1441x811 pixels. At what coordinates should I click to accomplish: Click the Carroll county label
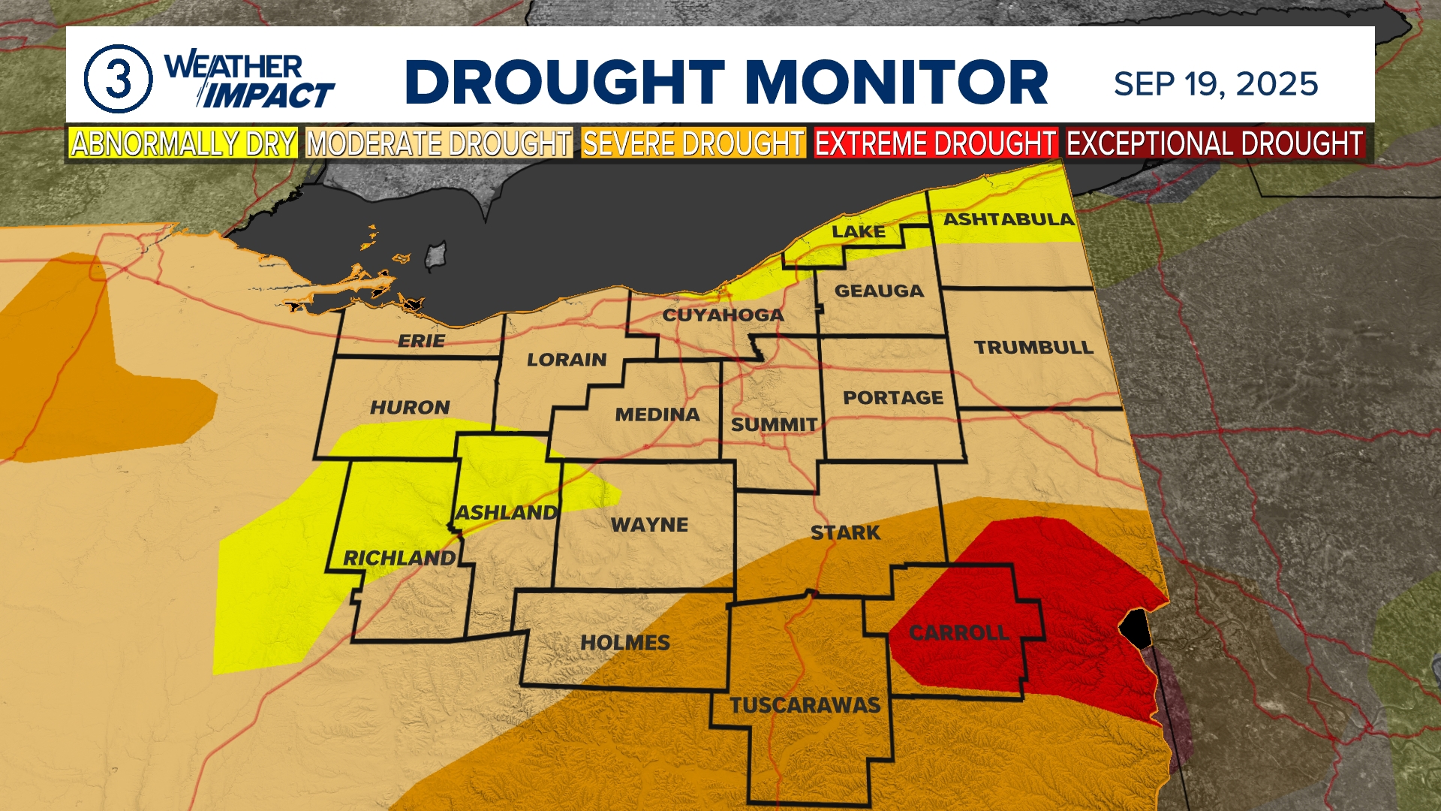click(x=958, y=633)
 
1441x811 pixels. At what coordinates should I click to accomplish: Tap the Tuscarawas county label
click(x=805, y=705)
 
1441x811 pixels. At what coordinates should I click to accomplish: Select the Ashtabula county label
click(x=1008, y=219)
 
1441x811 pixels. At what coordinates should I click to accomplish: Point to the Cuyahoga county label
click(x=723, y=315)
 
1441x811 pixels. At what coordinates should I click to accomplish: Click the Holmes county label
click(x=624, y=643)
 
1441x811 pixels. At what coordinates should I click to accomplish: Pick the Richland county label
click(x=399, y=558)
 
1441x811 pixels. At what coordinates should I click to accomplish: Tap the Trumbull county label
click(x=1033, y=347)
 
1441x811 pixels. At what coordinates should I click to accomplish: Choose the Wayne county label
click(x=649, y=525)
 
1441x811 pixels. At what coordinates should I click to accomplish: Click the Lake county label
click(x=858, y=231)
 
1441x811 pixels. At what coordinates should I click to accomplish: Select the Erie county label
click(x=421, y=341)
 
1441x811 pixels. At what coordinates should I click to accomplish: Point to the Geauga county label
click(x=879, y=291)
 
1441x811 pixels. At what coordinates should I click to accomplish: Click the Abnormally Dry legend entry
click(x=183, y=143)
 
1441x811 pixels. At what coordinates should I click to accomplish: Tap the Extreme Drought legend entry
click(x=935, y=143)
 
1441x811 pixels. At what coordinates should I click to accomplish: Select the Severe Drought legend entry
click(x=693, y=143)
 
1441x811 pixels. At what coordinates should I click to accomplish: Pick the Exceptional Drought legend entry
click(x=1214, y=143)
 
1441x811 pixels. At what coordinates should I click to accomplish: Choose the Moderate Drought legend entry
click(x=439, y=143)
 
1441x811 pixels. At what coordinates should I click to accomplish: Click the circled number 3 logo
click(x=118, y=79)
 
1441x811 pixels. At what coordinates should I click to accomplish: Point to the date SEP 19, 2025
click(x=1216, y=84)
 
